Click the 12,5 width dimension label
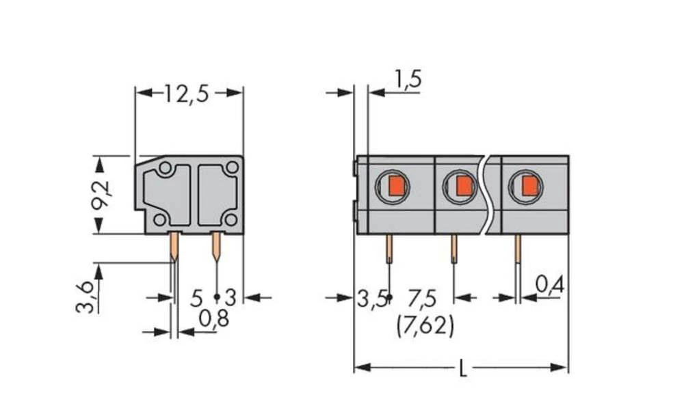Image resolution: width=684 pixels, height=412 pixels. point(186,93)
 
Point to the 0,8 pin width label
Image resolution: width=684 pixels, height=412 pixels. point(213,318)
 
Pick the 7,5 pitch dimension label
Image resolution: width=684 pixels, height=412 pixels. point(423,298)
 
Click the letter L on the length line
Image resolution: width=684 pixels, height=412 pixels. point(463,369)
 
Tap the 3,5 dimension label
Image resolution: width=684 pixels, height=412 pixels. point(371,298)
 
